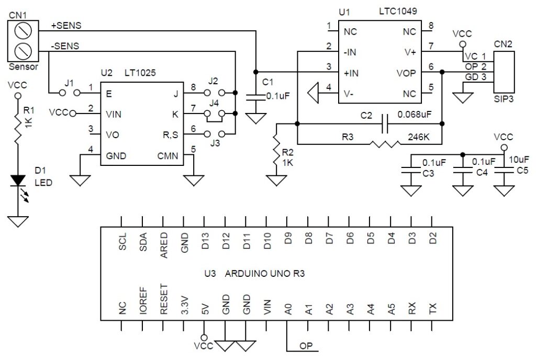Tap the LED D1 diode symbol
click(18, 179)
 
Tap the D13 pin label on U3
click(206, 241)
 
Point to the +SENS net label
click(66, 25)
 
